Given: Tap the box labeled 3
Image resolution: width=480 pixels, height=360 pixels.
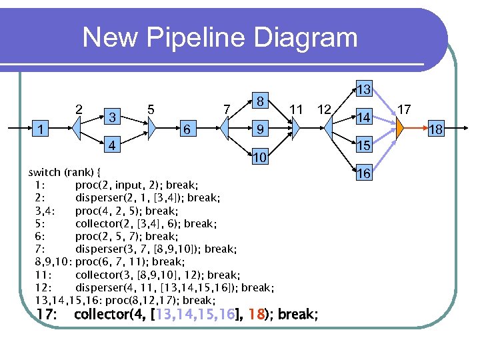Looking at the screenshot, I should pos(114,117).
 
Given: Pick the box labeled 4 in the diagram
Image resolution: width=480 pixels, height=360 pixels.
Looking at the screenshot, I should pos(114,145).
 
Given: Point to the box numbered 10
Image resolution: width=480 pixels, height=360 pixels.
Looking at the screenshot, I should pos(262,157).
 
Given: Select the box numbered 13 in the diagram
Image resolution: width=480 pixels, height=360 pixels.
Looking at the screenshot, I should pos(363,89).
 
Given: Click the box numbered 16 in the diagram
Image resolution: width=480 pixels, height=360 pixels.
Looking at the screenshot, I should pos(363,173).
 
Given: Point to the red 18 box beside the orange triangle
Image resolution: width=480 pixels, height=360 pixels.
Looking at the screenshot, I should pos(435,129).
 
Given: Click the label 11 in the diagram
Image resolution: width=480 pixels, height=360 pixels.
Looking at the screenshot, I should pos(297,109).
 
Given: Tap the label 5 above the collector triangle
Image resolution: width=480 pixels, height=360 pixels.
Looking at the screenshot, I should pos(152,109).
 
